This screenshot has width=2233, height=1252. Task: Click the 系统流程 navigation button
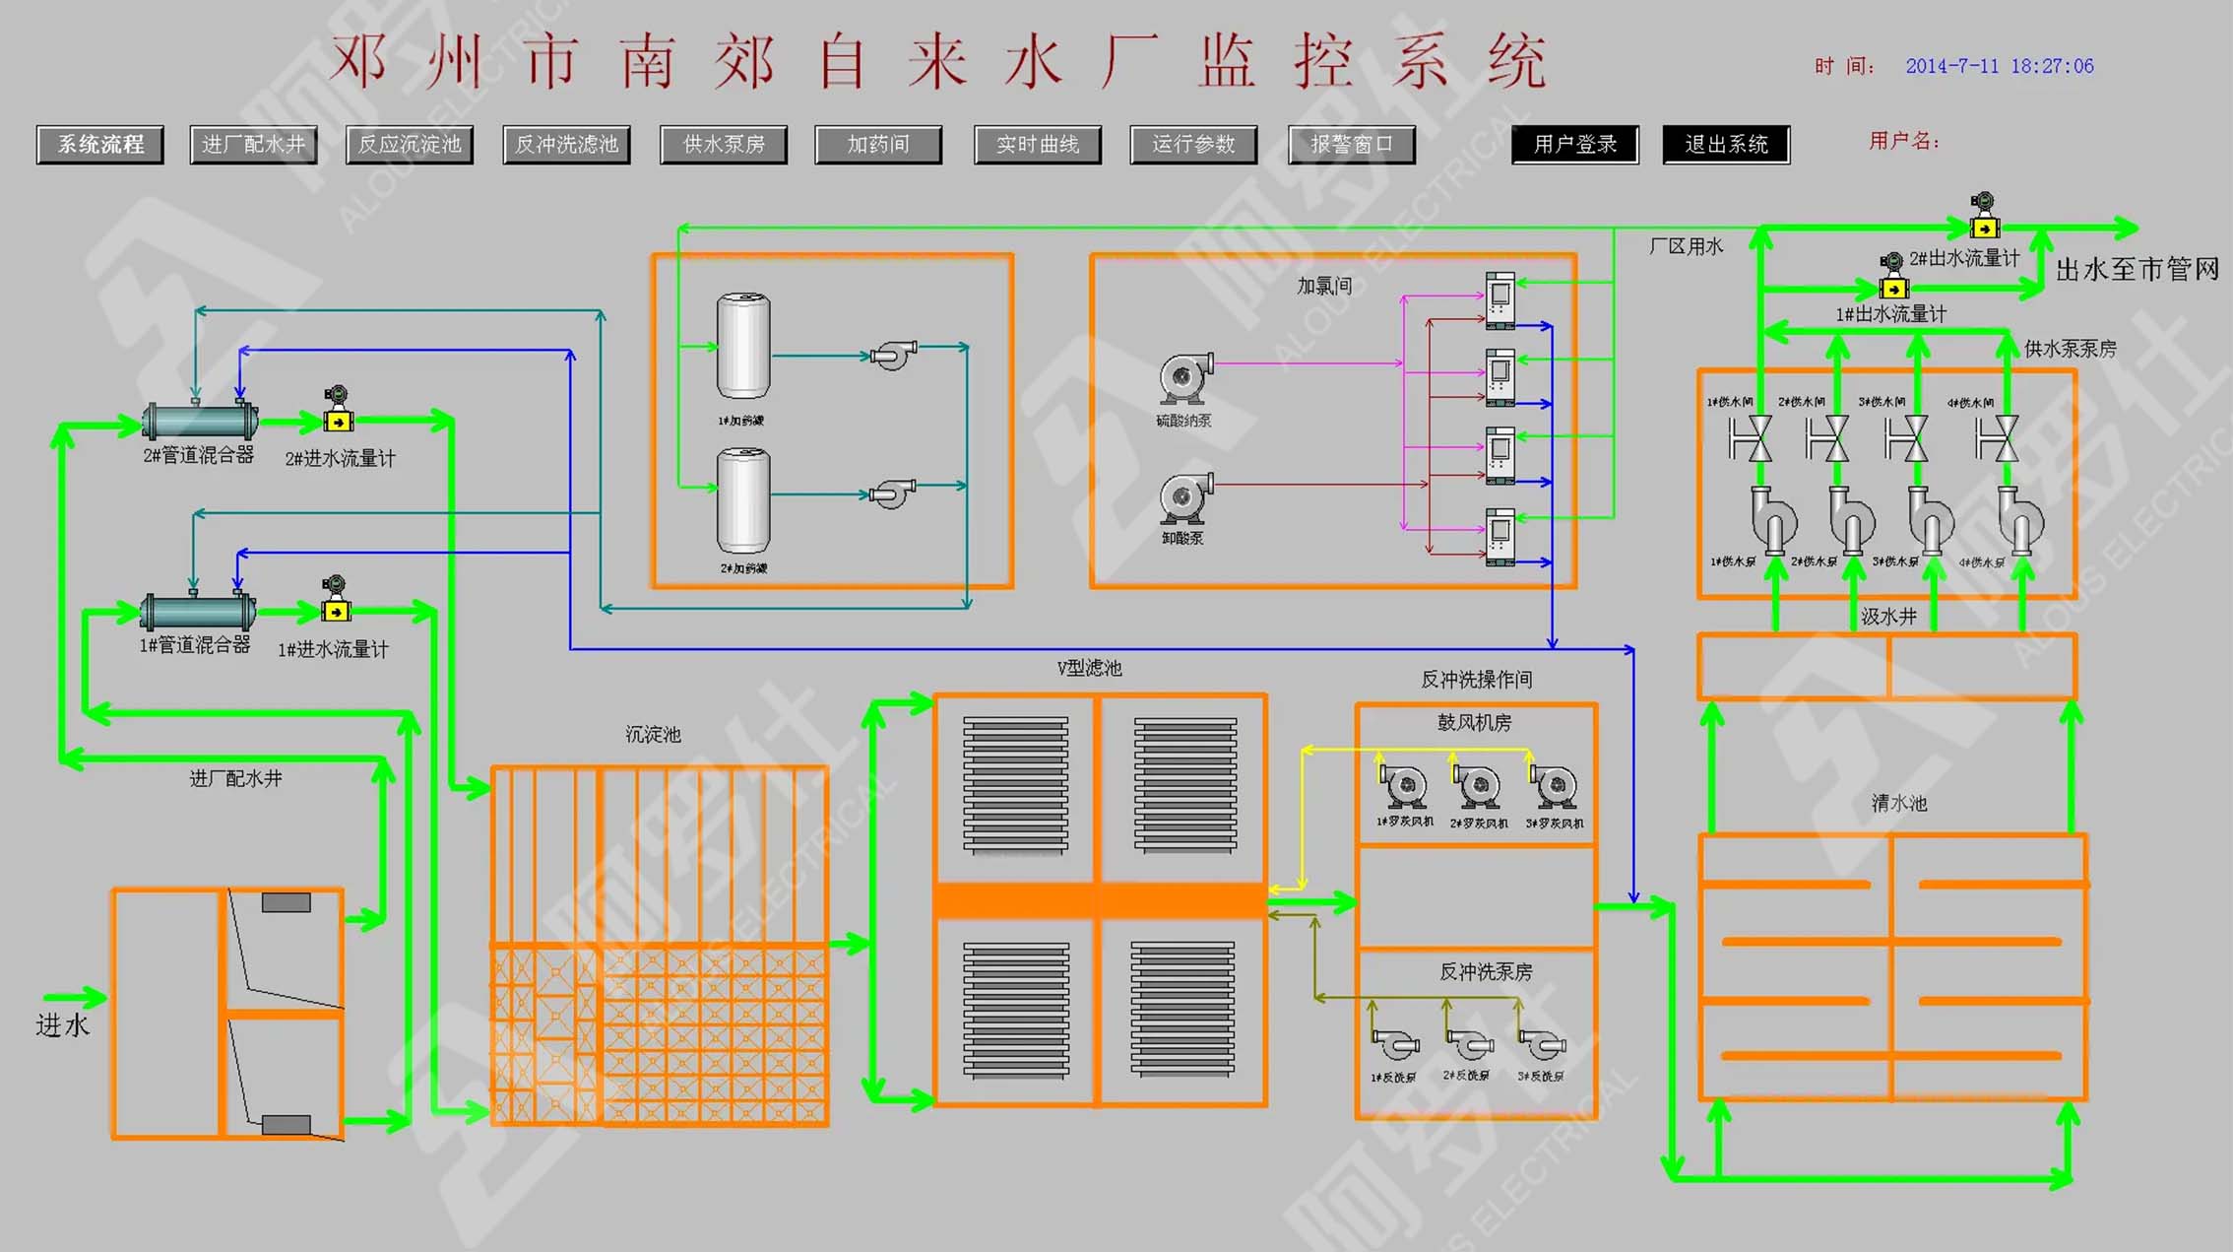point(100,145)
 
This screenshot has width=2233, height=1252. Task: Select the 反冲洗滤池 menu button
point(566,145)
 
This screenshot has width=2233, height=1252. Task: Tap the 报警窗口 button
point(1351,145)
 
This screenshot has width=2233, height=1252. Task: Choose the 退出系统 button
point(1726,145)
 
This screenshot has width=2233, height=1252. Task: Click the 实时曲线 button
point(1037,145)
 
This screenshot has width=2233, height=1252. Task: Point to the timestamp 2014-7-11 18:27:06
point(1999,66)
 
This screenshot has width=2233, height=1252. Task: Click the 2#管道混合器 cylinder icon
point(200,421)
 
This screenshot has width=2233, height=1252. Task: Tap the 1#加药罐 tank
point(742,346)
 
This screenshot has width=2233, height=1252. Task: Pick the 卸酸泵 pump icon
point(1184,498)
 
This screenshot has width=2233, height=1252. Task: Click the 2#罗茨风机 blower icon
point(1477,787)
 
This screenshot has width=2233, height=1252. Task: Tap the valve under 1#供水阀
point(1751,438)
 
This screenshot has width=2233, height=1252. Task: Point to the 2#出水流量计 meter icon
point(1984,216)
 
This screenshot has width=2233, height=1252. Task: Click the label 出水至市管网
point(2137,269)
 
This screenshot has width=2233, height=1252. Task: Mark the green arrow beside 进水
point(75,997)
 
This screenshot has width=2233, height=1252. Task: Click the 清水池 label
point(1898,803)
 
